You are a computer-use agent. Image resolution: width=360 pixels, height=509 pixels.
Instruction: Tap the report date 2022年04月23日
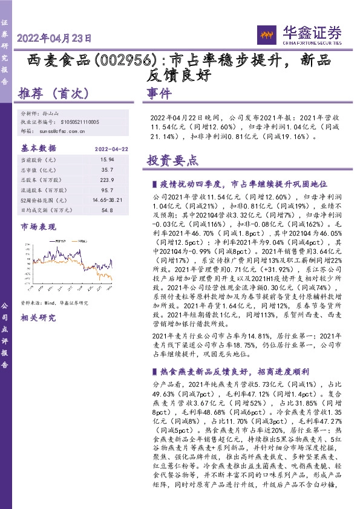coord(55,38)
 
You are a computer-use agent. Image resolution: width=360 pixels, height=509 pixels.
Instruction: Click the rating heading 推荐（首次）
coord(55,94)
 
